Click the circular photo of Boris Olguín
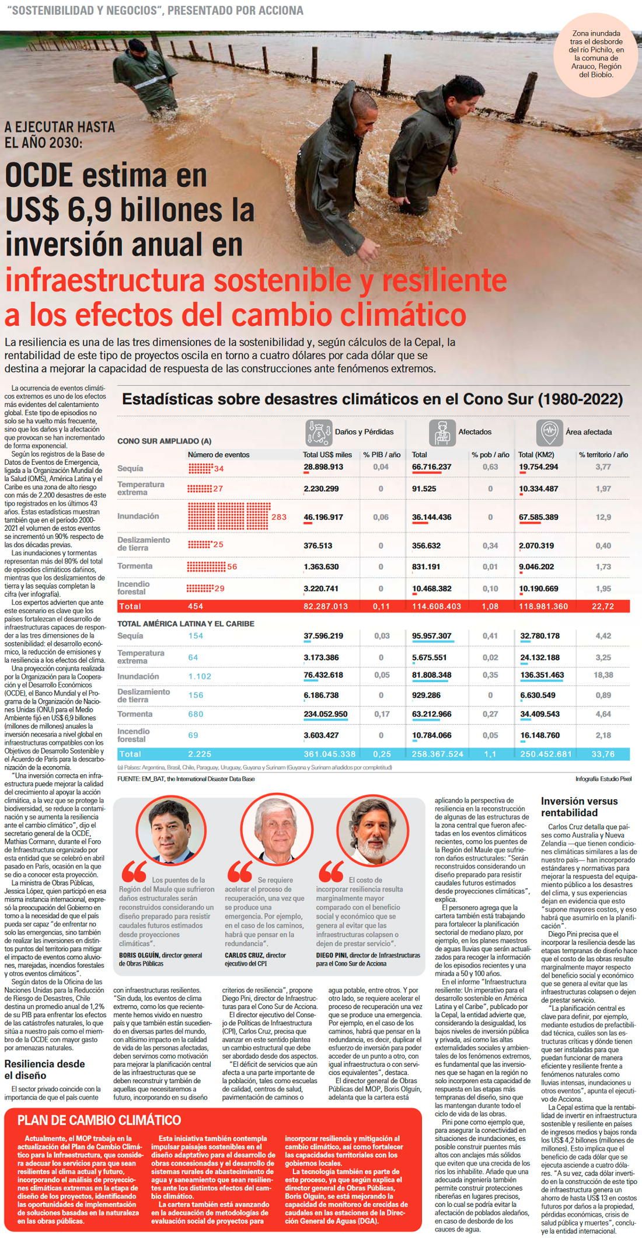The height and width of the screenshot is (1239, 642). pos(171,830)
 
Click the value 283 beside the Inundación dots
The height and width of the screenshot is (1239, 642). pos(279,517)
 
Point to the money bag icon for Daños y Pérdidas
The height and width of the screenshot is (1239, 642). pos(319,433)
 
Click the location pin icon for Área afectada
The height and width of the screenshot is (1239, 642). pos(549,433)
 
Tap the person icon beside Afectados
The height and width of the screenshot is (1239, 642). pos(442,433)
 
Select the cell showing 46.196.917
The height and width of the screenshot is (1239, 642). pos(323,517)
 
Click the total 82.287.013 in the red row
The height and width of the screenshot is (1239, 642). pos(326,606)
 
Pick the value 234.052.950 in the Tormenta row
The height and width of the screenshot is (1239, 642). pos(325,714)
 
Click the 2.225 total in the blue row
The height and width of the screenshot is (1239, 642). pos(200,754)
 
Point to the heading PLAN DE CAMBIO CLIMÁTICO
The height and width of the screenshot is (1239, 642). pos(99,1119)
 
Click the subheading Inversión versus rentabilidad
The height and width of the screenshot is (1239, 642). pos(579,806)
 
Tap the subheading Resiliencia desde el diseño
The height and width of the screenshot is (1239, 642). pos(44,1070)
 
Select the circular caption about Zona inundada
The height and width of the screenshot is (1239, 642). pos(596,54)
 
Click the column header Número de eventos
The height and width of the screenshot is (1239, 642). pos(218,454)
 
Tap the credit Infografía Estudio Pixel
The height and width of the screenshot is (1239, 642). pos(603,778)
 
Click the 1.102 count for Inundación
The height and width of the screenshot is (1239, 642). pos(200,676)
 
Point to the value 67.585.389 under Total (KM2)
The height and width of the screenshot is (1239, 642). pos(538,517)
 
